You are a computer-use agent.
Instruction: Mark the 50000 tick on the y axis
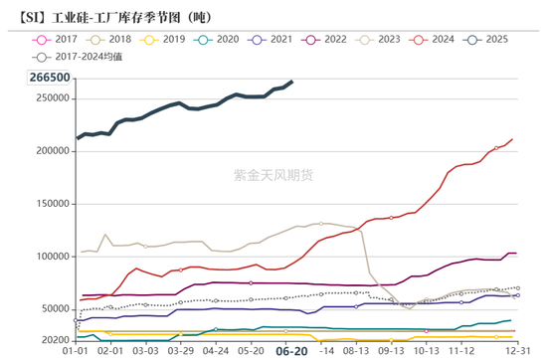pos(52,309)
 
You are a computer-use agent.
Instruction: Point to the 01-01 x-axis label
pos(78,350)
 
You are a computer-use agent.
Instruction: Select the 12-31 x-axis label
pos(515,350)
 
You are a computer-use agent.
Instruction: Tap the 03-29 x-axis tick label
pos(180,350)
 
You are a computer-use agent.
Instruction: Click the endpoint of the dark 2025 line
pos(290,82)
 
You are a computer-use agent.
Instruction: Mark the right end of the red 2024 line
pos(512,139)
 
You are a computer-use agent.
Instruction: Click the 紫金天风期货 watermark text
pos(273,175)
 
